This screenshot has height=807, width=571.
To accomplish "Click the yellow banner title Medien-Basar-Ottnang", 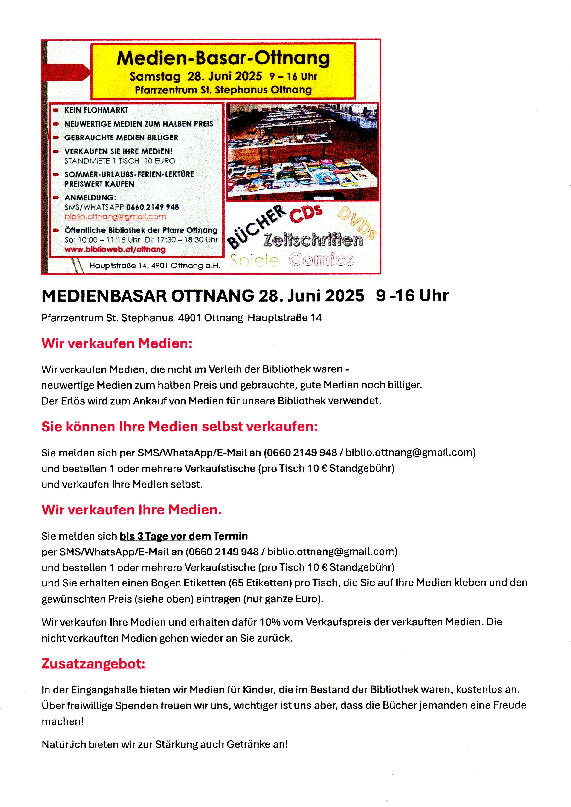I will click(x=223, y=58).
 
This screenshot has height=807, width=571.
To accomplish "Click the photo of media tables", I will click(x=302, y=152).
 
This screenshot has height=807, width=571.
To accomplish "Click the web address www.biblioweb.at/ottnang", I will click(x=115, y=249).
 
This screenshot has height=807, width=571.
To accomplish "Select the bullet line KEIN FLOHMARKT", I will click(x=96, y=110).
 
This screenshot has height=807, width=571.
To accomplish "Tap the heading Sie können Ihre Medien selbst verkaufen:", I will click(x=179, y=427).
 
